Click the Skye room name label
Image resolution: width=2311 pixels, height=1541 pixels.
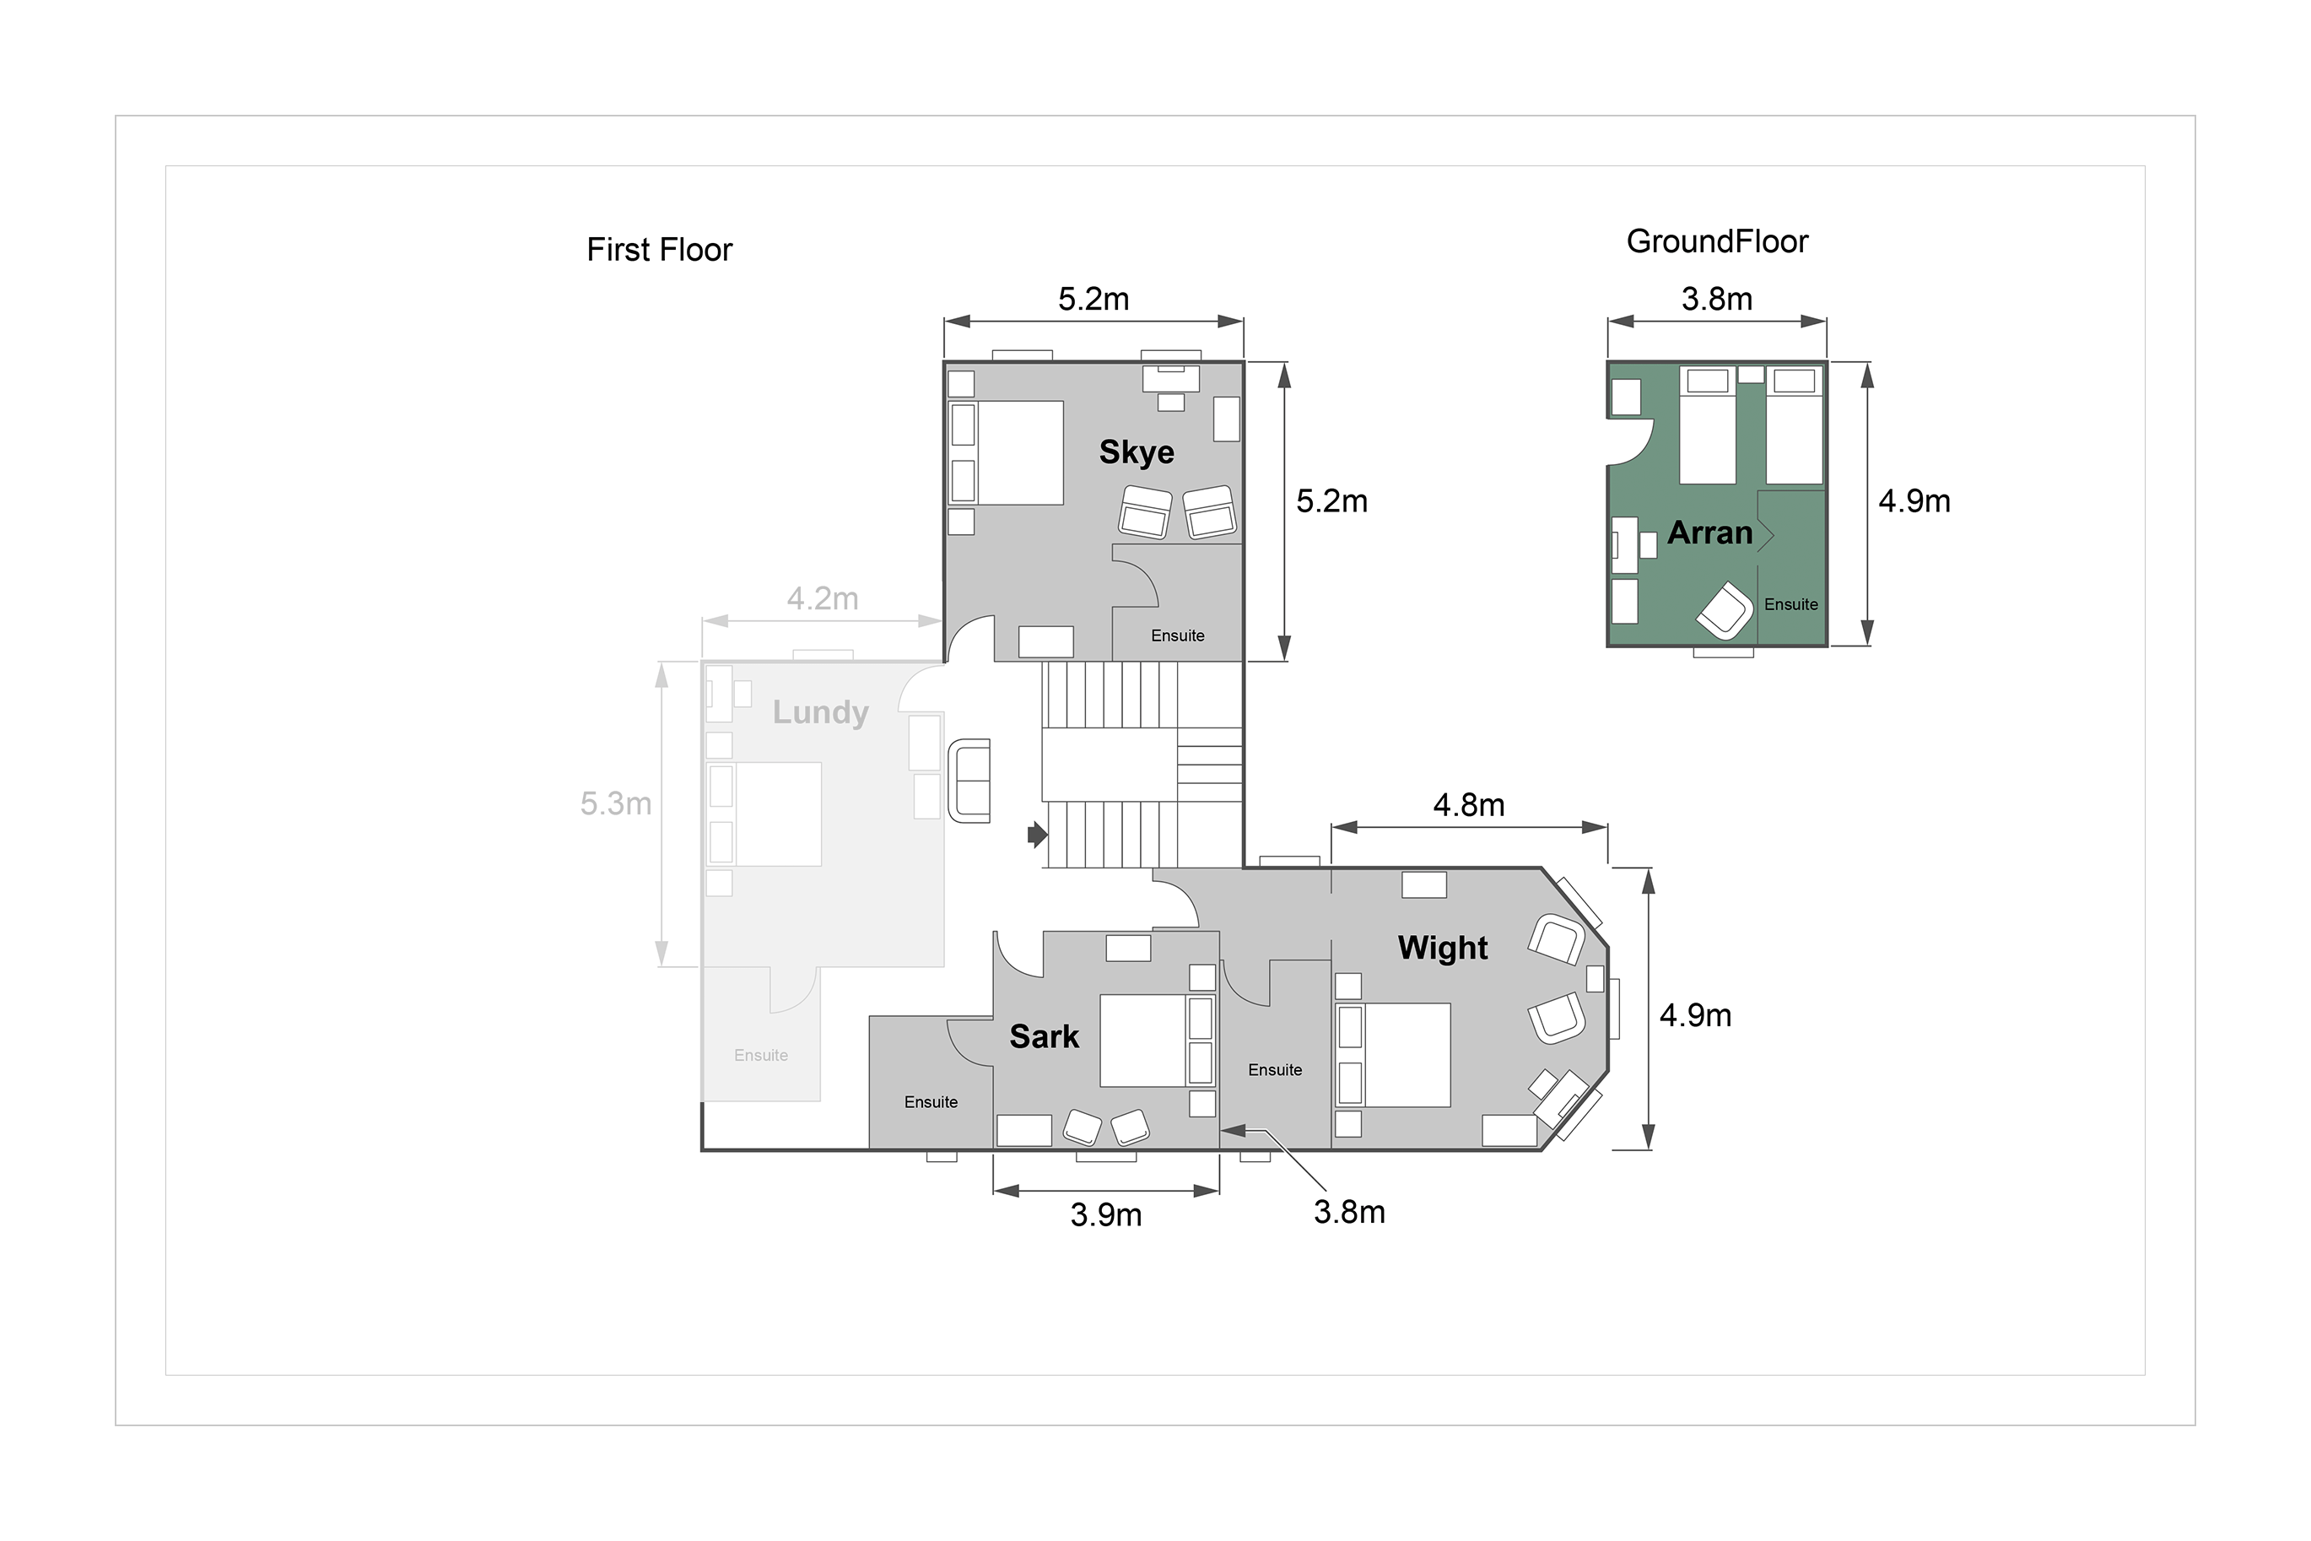coord(1137,452)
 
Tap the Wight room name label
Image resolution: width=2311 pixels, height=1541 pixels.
coord(1443,948)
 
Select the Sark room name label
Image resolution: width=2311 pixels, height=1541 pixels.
coord(1045,1037)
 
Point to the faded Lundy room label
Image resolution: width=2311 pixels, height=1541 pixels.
coord(820,712)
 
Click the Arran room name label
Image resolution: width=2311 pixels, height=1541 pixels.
coord(1710,533)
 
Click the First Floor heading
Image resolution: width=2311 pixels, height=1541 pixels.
coord(659,250)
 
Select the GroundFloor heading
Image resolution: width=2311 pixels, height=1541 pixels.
coord(1718,241)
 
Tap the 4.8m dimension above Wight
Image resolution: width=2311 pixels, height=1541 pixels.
coord(1469,806)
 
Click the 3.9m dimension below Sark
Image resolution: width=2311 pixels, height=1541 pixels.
coord(1106,1216)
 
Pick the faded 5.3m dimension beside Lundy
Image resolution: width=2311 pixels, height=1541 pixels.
coord(616,804)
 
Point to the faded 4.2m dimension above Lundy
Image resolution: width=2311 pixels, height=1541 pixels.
coord(823,598)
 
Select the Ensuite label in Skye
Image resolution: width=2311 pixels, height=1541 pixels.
coord(1178,635)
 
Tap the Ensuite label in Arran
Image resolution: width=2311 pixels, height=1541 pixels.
coord(1791,604)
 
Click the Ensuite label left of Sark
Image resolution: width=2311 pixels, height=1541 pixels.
coord(931,1103)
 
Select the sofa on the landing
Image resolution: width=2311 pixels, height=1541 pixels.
coord(969,781)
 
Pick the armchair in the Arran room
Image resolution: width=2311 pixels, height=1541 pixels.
coord(1725,611)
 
